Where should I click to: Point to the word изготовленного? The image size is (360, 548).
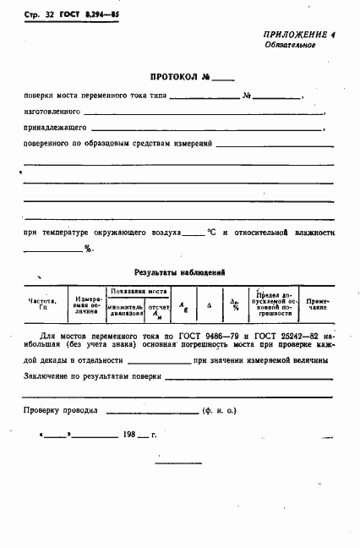point(52,111)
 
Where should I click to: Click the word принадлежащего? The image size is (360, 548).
point(53,128)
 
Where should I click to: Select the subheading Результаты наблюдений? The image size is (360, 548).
point(180,272)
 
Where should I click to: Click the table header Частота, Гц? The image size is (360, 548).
point(42,304)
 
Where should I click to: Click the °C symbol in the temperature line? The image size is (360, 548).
point(213,231)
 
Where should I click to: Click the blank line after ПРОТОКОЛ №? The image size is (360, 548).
point(222,78)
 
